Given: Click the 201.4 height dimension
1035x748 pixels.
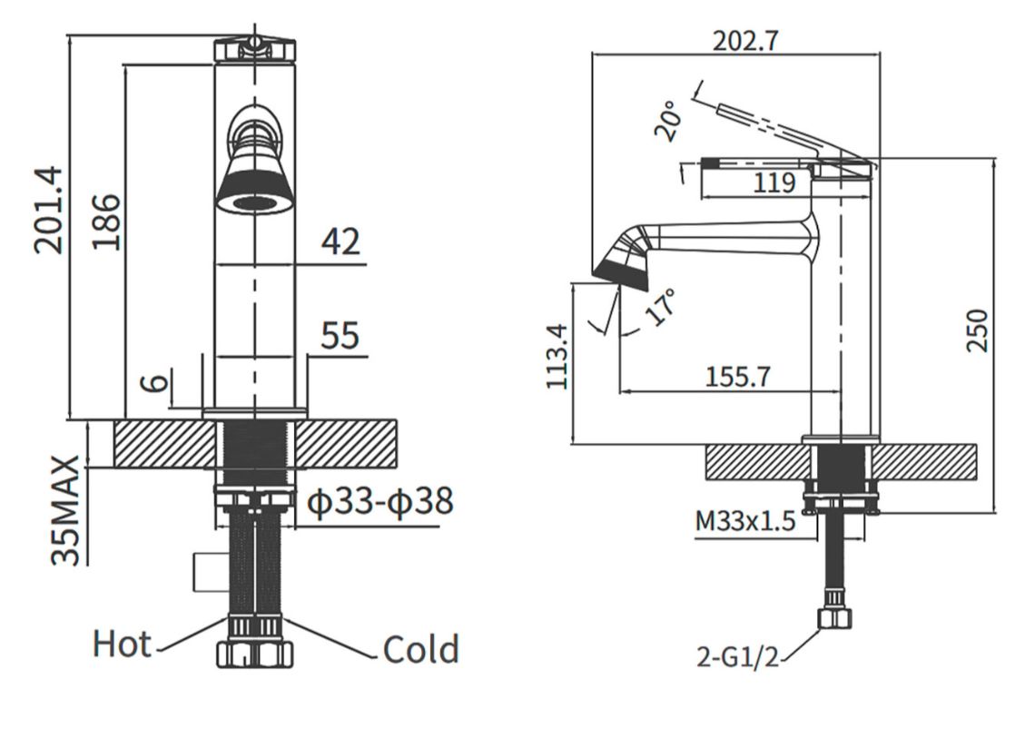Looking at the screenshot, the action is [50, 210].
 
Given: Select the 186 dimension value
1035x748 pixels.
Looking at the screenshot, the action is [106, 221].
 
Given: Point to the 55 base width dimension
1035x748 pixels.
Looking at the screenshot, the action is [340, 335].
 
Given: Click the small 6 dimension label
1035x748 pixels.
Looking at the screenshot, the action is [156, 382].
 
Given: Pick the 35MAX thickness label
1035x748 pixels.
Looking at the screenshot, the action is [66, 509].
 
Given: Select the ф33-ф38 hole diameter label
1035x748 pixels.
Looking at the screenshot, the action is [381, 501].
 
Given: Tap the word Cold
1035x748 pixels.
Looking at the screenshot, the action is [420, 649].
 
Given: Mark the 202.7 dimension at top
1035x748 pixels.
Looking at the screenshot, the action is [746, 41].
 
